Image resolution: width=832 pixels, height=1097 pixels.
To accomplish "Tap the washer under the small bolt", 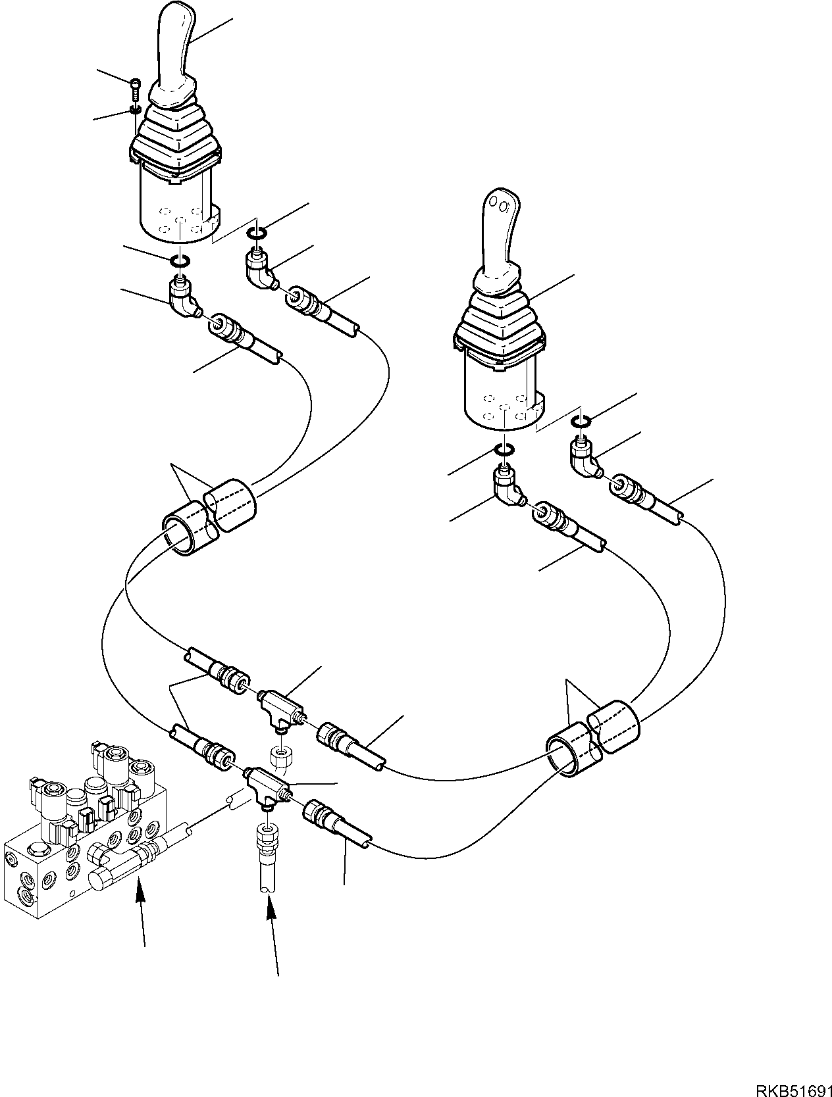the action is pos(135,110).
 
